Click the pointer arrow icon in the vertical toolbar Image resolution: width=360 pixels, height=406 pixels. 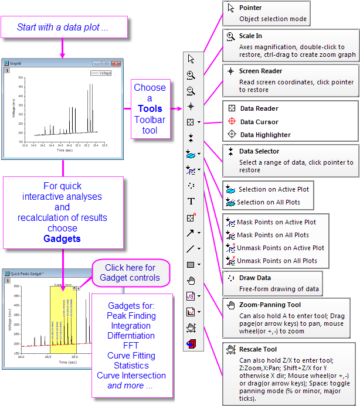coord(191,59)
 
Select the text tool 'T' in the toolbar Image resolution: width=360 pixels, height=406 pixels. coord(191,202)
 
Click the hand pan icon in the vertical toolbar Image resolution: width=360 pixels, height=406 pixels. coord(191,281)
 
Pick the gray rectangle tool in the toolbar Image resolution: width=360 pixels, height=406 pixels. coord(191,265)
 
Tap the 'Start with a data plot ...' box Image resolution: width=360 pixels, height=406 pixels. coord(63,28)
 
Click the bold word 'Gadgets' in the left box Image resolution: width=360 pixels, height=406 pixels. coord(62,238)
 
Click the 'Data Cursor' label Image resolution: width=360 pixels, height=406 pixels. coord(259,122)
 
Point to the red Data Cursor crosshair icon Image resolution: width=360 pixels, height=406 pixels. coord(232,122)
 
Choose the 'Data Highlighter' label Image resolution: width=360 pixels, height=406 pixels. coord(265,135)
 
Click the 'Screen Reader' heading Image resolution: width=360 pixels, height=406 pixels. coord(260,71)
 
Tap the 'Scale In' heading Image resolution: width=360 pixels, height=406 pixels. coord(250,36)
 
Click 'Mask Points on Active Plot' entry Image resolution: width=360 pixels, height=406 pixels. coord(276,222)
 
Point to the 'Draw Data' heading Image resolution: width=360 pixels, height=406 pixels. coord(255,278)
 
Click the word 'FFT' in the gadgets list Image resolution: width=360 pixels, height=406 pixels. coord(131,346)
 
